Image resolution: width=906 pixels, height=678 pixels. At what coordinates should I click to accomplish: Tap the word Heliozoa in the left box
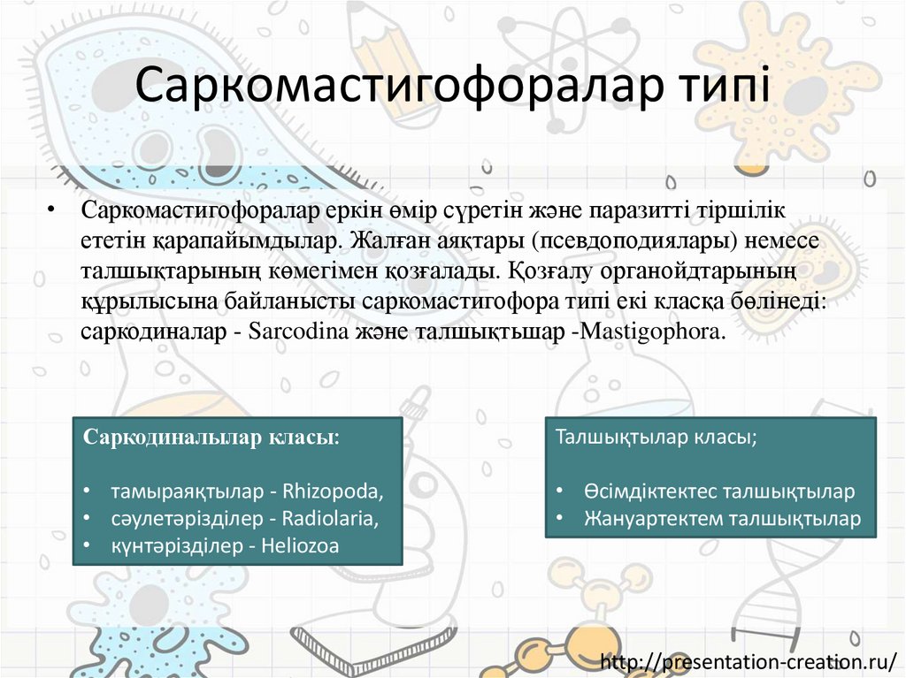300,546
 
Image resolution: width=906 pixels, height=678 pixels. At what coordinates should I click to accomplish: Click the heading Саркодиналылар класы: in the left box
211,439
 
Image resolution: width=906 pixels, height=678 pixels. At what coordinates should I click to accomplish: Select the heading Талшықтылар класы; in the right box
656,438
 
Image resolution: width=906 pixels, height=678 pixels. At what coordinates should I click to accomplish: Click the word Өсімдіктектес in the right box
649,491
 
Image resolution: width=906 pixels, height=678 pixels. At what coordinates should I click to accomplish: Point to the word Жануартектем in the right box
649,518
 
